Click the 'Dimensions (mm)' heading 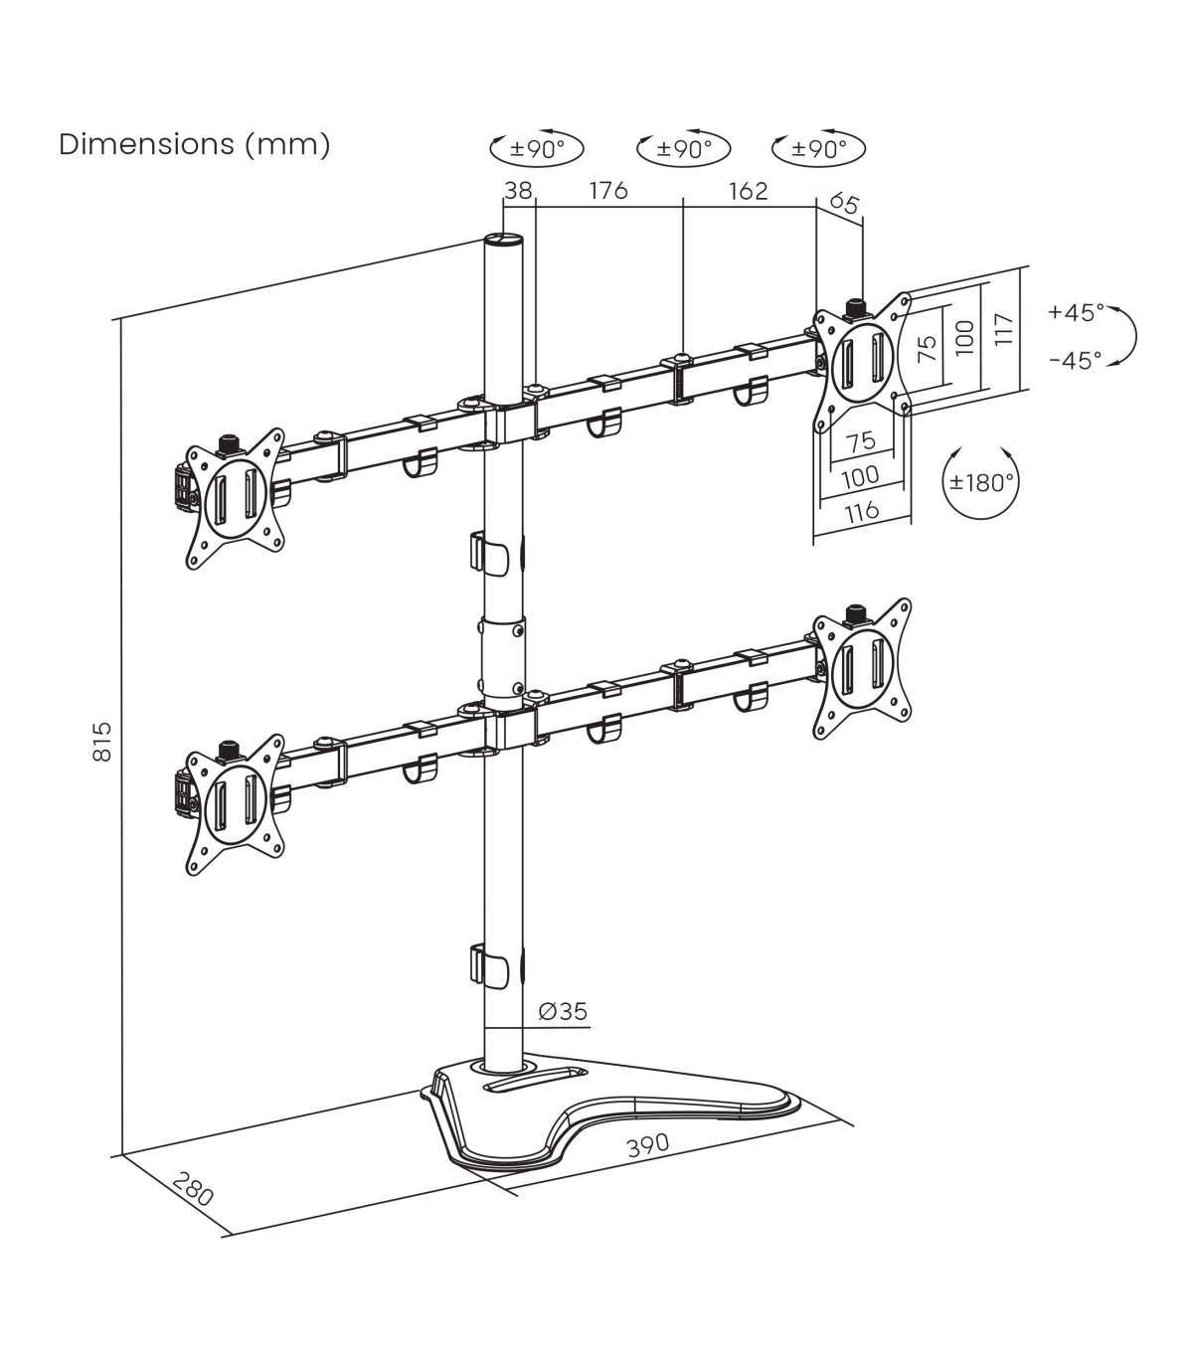tap(195, 145)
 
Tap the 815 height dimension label tap(102, 742)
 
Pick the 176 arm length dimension tap(608, 191)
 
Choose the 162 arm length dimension tap(749, 191)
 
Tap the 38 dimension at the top tap(519, 191)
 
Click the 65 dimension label tap(844, 204)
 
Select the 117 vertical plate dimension tap(1003, 329)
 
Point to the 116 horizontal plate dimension tap(862, 512)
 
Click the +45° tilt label tap(1077, 311)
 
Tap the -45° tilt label tap(1077, 361)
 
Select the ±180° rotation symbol tap(981, 481)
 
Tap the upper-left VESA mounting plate tap(235, 499)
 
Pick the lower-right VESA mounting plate tap(861, 669)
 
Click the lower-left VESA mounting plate tap(235, 805)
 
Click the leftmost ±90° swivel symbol tap(537, 148)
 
